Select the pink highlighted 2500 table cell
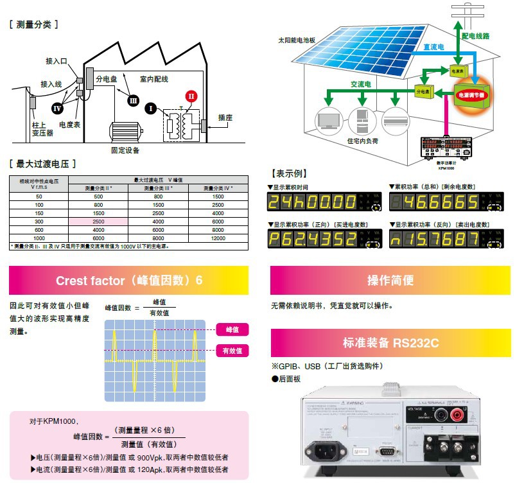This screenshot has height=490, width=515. [x=98, y=220]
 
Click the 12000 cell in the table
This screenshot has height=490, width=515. [x=218, y=238]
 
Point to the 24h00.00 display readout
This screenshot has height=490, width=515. [x=313, y=203]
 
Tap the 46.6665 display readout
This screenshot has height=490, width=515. [x=436, y=203]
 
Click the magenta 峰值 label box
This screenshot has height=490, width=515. [x=232, y=329]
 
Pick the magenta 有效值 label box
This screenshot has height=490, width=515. [x=232, y=351]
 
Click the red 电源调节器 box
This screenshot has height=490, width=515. [x=471, y=94]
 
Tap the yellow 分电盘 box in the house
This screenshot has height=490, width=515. [x=422, y=92]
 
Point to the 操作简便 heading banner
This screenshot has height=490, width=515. [x=390, y=280]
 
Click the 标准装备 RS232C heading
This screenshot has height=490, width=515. [x=390, y=342]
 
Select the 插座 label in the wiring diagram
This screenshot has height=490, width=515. [x=225, y=118]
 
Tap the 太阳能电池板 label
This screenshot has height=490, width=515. [x=297, y=39]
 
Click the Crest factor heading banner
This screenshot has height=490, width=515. [x=128, y=280]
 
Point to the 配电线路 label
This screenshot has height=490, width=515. [x=475, y=36]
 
